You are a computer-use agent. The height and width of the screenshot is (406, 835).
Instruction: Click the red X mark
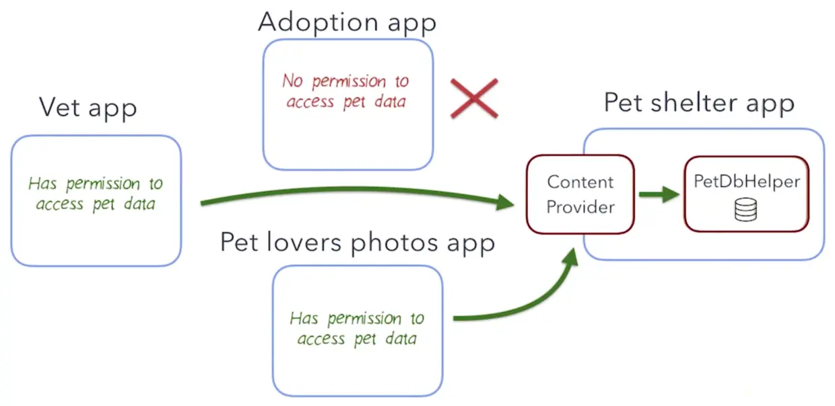474,98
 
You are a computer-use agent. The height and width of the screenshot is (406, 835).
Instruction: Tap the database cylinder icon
745,210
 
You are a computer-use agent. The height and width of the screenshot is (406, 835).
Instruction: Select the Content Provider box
580,194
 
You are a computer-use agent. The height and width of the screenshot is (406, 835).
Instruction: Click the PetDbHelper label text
746,182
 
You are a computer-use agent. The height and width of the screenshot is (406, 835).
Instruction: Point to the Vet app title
88,108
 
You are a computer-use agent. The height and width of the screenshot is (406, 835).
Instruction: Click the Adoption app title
347,22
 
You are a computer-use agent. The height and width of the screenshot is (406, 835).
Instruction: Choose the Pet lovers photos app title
358,243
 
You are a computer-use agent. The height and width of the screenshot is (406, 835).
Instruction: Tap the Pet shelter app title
699,103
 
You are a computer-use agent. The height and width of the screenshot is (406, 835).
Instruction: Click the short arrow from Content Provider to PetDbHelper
659,195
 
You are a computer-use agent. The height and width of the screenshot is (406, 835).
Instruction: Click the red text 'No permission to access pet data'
345,91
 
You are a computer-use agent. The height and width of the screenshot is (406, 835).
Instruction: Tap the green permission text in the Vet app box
96,194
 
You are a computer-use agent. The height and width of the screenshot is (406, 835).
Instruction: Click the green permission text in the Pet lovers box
357,328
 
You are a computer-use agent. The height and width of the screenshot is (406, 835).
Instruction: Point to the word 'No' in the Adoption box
293,81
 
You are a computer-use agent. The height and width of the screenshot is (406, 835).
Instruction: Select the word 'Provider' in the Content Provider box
580,207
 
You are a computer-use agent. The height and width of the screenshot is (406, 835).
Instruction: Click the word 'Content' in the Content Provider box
580,182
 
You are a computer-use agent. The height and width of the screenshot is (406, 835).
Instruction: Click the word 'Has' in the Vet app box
42,184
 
